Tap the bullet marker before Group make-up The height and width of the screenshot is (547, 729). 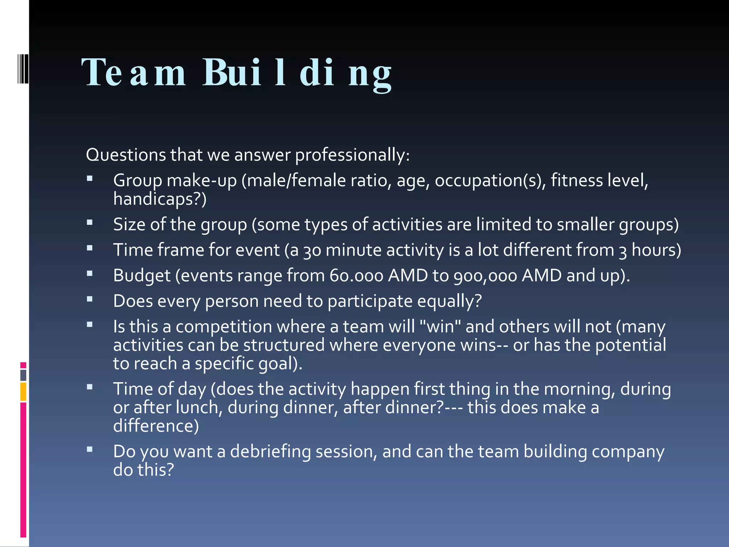click(x=90, y=178)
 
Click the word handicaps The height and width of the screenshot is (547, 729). click(x=157, y=199)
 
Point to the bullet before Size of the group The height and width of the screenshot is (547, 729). click(x=90, y=223)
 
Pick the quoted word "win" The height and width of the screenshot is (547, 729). click(x=441, y=327)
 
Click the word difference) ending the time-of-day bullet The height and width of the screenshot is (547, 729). click(x=156, y=426)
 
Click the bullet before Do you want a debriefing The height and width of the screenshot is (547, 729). click(x=90, y=449)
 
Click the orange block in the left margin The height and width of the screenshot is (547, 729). click(x=23, y=392)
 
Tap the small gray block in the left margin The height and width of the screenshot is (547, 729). click(x=23, y=375)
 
